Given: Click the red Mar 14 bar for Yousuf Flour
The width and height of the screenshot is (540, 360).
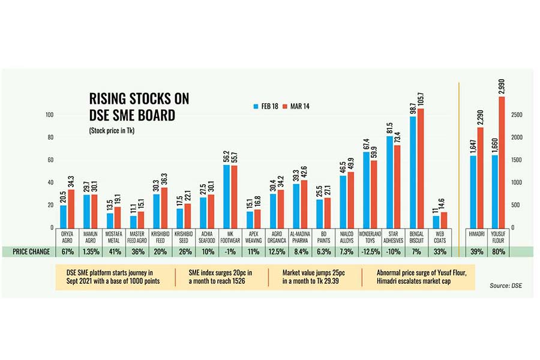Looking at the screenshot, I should (x=502, y=162).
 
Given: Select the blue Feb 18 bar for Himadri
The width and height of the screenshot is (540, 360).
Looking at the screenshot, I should (x=473, y=192).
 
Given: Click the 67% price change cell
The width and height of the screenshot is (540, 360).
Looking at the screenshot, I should (x=67, y=251).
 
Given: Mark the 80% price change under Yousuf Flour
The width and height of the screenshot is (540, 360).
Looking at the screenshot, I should (x=499, y=251).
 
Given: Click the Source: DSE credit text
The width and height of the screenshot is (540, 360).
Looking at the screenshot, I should (x=505, y=285).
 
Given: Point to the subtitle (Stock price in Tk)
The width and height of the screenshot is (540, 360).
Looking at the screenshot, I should (x=112, y=130).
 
